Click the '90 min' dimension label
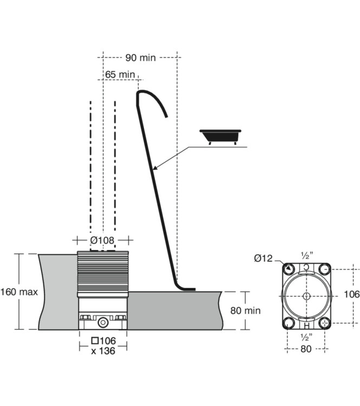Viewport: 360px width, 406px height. [140, 57]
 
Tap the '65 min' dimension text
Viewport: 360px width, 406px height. [120, 75]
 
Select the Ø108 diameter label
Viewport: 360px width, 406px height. [102, 240]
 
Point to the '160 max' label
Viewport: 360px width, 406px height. [19, 292]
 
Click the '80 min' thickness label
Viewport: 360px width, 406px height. [245, 311]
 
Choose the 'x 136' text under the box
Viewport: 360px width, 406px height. [103, 351]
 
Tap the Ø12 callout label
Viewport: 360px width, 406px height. [263, 258]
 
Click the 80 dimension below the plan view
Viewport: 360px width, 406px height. [306, 349]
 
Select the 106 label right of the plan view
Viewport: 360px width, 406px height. [351, 294]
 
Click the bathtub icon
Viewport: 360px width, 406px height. [220, 137]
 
